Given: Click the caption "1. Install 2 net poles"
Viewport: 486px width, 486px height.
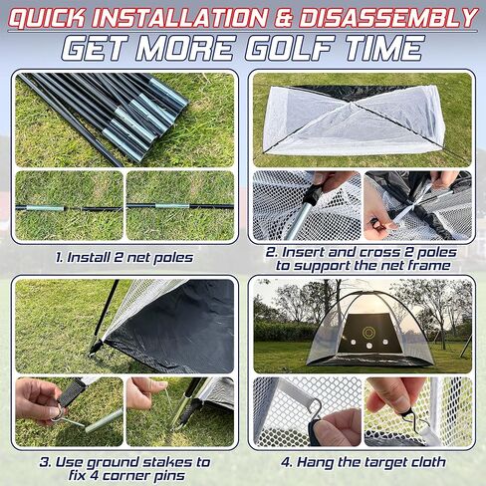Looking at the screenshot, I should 124,257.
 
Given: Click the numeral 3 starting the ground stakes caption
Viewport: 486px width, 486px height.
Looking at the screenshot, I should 45,462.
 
